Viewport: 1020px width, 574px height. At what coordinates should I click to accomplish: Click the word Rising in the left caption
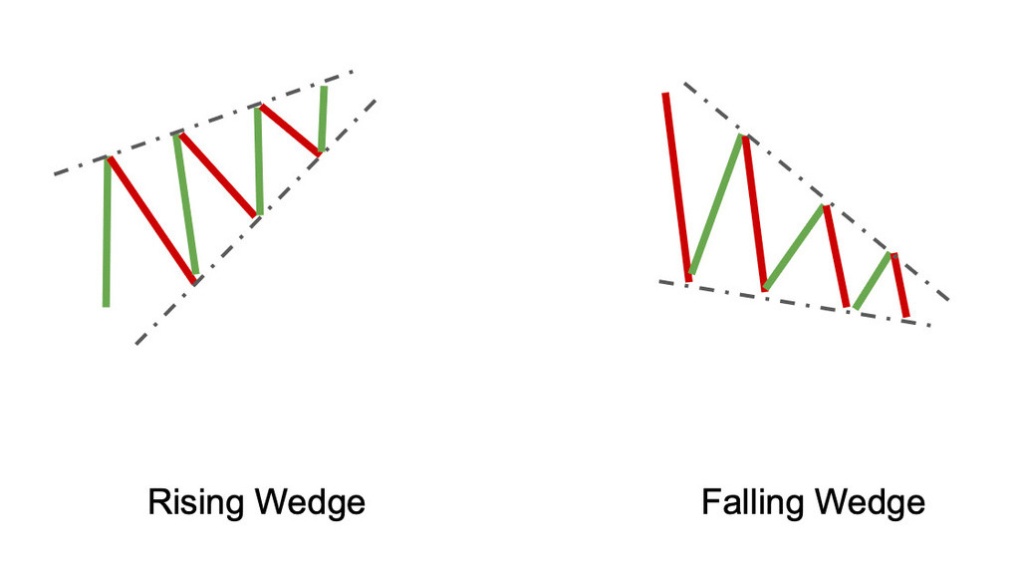tap(197, 502)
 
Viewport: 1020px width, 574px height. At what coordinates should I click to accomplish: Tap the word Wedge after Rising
tap(310, 502)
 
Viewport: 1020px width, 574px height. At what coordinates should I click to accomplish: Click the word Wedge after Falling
tap(869, 502)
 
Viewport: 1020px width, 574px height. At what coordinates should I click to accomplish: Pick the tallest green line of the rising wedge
tap(107, 231)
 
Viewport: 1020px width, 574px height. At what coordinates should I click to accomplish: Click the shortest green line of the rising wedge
tap(323, 119)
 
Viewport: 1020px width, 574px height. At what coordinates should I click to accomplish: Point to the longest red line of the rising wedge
tap(151, 220)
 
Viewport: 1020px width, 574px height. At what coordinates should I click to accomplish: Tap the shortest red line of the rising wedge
tap(290, 130)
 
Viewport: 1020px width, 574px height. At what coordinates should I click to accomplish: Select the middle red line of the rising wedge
tap(218, 174)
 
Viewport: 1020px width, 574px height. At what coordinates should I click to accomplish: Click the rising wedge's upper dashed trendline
tap(203, 123)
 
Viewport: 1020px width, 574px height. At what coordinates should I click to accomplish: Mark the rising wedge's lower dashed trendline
tap(256, 221)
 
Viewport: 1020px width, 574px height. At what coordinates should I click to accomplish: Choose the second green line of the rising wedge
tap(186, 203)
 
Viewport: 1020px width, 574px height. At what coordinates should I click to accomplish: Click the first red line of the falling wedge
tap(677, 187)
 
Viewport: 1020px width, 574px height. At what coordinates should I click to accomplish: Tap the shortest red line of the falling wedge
tap(900, 285)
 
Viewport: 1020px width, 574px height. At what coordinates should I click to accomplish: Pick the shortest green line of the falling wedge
tap(873, 280)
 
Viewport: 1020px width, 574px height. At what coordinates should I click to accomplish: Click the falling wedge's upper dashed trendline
tap(817, 191)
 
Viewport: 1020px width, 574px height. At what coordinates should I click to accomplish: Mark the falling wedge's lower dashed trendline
tap(795, 303)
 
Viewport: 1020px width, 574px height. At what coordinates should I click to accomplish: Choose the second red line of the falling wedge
tap(756, 213)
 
